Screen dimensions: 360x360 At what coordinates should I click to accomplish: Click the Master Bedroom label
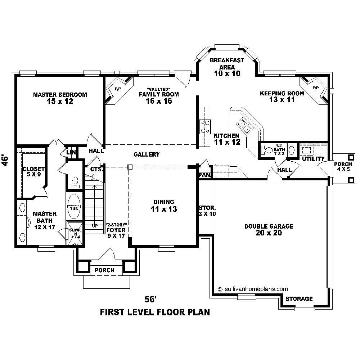[60, 98]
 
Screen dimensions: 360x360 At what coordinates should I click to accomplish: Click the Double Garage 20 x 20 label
[269, 229]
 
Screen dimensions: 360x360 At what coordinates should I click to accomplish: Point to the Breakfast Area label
[227, 67]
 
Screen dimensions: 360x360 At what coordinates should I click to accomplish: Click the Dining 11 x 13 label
[164, 206]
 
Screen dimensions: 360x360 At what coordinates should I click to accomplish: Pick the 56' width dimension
[151, 299]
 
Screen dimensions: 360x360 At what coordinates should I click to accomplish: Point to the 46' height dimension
[5, 161]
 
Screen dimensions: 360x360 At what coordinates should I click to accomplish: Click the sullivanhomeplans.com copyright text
[253, 288]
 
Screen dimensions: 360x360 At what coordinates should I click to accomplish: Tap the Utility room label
[313, 159]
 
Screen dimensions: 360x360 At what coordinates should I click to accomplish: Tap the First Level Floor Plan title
[155, 311]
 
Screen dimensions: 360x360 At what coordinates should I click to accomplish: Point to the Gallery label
[147, 154]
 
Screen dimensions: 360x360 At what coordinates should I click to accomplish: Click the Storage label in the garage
[299, 299]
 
